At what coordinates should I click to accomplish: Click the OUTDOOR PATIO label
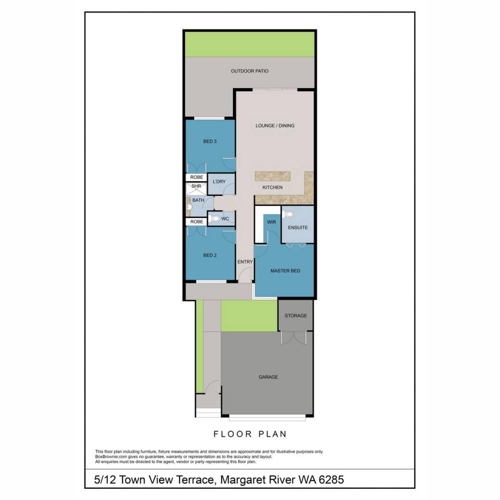pos(250,71)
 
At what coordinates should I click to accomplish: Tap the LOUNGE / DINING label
pos(275,125)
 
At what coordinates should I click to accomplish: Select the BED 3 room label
pos(210,141)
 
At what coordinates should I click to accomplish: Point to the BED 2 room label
pos(210,255)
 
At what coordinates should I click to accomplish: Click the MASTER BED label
pos(285,271)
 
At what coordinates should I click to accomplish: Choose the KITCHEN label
pos(272,187)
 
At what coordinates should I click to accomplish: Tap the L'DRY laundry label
pos(219,182)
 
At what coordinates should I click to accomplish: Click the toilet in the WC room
pos(215,218)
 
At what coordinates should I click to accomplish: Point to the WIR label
pos(271,222)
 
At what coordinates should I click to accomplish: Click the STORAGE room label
pos(295,316)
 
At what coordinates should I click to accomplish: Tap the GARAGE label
pos(268,377)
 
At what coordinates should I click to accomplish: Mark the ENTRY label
pos(245,262)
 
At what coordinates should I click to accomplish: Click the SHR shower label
pos(196,186)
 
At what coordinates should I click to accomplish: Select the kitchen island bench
pos(272,176)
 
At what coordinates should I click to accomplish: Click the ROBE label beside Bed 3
pos(196,177)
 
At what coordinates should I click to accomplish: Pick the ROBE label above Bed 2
pos(196,222)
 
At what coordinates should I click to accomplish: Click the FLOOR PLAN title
pos(250,434)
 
